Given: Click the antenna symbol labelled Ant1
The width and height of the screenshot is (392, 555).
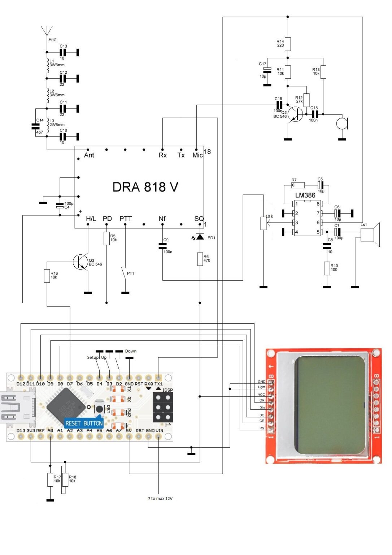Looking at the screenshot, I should click(x=47, y=31).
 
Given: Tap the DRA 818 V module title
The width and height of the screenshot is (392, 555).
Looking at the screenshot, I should click(x=145, y=187).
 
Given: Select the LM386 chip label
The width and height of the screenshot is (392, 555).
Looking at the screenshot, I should click(x=305, y=195).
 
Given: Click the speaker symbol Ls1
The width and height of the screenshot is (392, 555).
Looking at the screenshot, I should click(x=370, y=235).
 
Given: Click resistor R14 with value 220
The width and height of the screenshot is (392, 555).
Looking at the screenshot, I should click(x=288, y=44).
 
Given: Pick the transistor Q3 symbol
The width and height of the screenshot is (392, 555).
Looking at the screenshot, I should click(x=80, y=262).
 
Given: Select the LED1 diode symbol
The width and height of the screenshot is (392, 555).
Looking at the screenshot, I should click(x=200, y=237).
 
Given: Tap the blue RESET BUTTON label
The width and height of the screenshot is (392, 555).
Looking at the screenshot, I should click(x=84, y=423).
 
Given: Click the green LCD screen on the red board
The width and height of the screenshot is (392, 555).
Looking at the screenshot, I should click(x=330, y=405).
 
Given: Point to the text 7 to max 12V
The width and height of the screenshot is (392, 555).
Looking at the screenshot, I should click(x=160, y=498).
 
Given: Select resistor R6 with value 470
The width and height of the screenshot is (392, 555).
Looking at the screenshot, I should click(x=200, y=259).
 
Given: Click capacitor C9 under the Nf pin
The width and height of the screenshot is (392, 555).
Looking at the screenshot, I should click(x=162, y=246).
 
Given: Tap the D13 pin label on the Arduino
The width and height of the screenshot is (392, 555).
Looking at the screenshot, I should click(x=21, y=430).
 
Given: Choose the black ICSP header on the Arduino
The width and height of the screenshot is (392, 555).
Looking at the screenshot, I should click(x=163, y=407).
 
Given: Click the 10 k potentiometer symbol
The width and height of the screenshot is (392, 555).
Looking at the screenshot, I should click(x=263, y=223).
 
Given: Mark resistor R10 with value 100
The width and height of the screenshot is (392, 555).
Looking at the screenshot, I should click(x=327, y=269).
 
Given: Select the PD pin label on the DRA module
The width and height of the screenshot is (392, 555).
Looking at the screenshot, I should click(x=107, y=219).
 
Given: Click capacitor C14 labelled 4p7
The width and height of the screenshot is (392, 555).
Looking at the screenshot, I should click(x=35, y=126).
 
